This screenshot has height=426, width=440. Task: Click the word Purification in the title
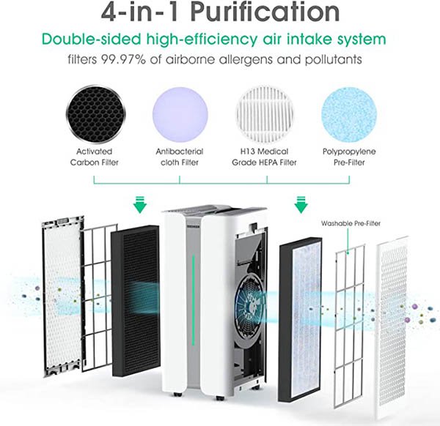click(265, 12)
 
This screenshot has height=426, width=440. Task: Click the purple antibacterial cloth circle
click(180, 114)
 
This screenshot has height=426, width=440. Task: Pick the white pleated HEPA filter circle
click(265, 113)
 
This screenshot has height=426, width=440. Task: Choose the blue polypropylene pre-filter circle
click(349, 114)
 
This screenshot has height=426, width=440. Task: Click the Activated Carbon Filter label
click(95, 157)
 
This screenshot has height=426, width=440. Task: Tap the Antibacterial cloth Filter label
click(180, 157)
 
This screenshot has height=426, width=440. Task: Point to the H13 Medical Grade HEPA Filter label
click(264, 157)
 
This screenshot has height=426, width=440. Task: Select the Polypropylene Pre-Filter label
click(349, 157)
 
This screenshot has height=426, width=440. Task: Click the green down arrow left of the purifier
click(140, 205)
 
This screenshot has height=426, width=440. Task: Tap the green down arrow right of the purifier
click(301, 205)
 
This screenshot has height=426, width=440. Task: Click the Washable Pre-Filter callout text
click(351, 223)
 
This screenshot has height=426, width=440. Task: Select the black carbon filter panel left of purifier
click(136, 301)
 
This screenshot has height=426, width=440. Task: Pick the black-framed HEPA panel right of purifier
click(300, 319)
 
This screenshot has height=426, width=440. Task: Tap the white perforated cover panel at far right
click(392, 327)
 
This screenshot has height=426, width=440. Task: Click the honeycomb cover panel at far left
click(63, 296)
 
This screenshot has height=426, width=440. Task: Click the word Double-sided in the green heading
click(91, 39)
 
